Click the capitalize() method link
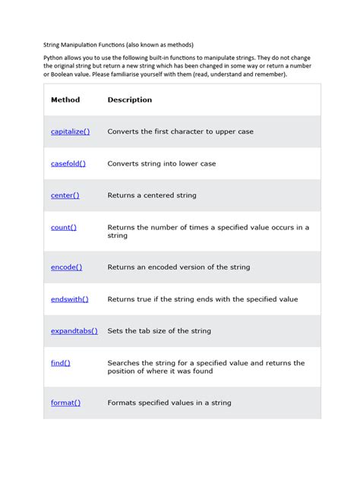point(70,131)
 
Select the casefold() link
point(68,163)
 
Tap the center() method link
point(65,195)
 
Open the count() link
point(63,227)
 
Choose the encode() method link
point(66,267)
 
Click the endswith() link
point(69,299)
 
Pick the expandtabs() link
point(74,331)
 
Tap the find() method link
point(60,363)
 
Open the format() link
point(65,403)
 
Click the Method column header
point(65,99)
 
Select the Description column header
point(129,99)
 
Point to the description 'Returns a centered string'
point(152,195)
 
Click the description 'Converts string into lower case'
point(162,163)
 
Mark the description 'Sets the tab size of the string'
point(159,331)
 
